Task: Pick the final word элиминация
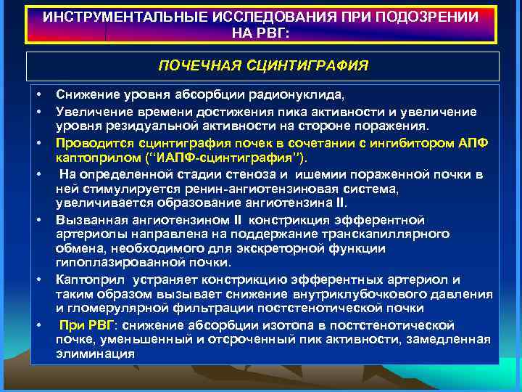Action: (95, 354)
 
